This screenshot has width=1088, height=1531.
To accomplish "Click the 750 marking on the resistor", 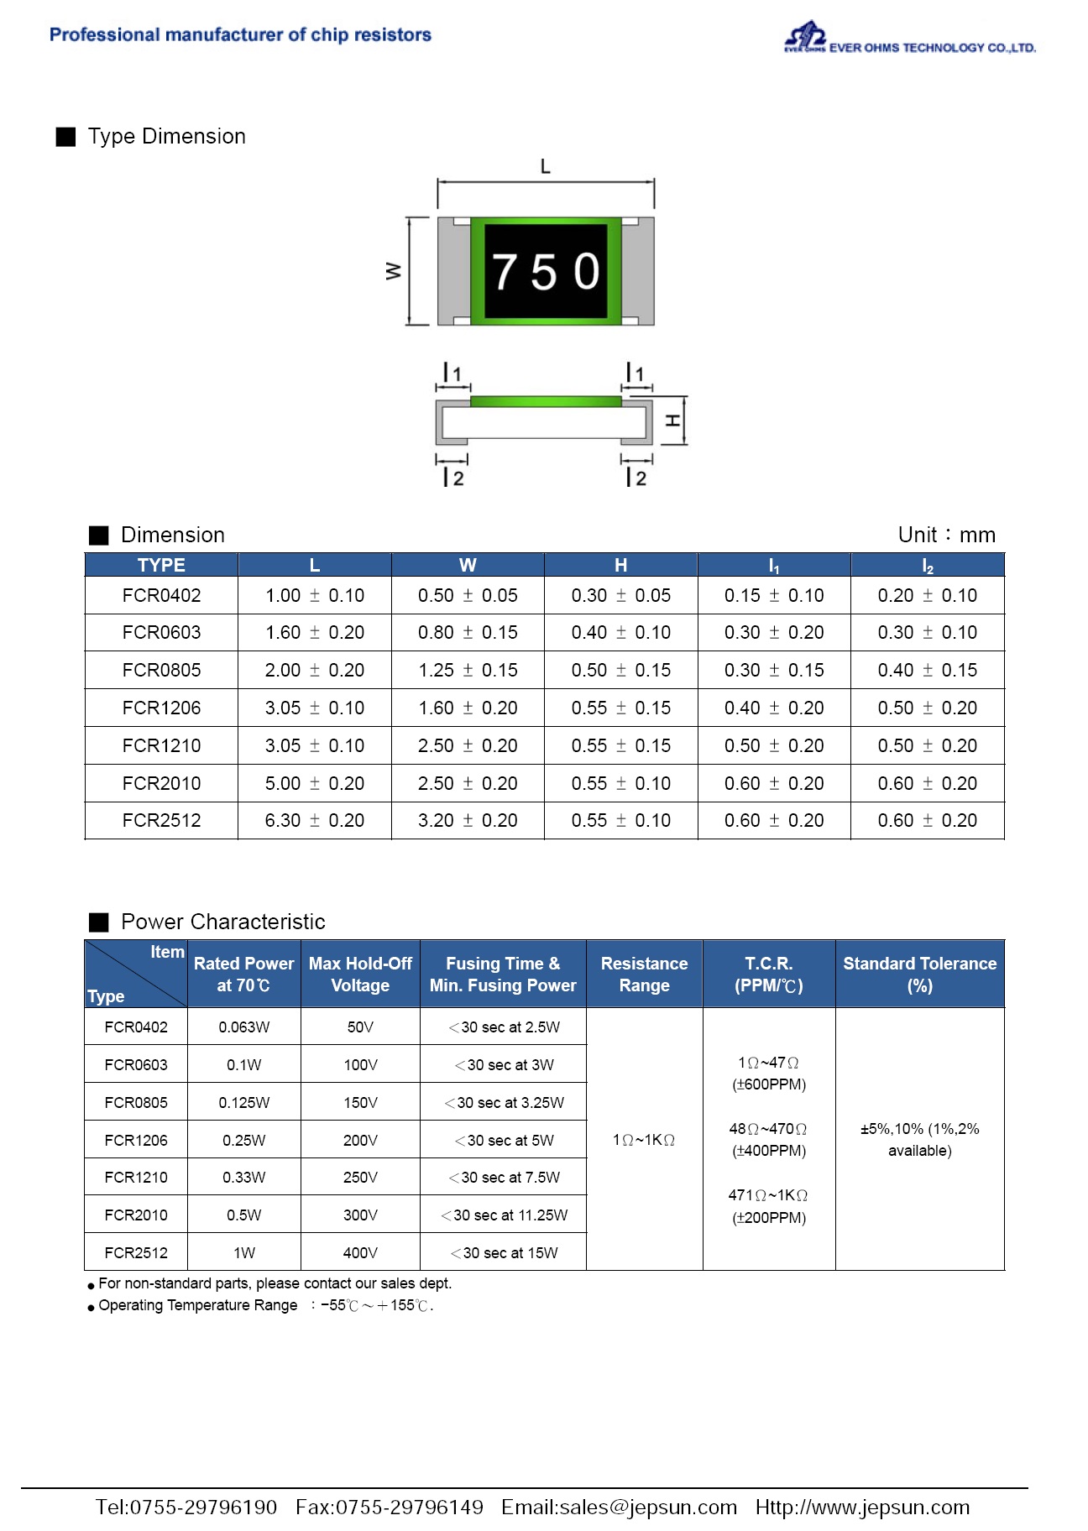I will (x=546, y=272).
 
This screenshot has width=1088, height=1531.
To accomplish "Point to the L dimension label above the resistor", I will (x=546, y=166).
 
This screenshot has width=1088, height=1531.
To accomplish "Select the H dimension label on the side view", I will (x=672, y=421).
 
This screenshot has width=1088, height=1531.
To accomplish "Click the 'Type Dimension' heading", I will (x=166, y=137).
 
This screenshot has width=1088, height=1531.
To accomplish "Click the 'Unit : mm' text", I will (x=946, y=536).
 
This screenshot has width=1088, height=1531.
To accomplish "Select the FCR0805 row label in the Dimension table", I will (x=161, y=671).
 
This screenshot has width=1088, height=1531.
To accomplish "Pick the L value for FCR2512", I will (x=314, y=821).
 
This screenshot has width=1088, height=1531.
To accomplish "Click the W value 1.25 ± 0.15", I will (x=468, y=671).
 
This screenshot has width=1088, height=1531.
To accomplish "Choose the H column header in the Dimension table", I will (x=620, y=566).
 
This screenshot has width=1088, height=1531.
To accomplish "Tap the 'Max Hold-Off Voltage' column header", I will (x=360, y=975).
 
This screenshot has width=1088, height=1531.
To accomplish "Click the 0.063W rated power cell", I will (x=243, y=1027).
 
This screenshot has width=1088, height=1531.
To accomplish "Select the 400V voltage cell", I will (x=360, y=1253).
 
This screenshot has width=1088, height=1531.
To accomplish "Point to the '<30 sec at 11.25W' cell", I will (x=504, y=1215).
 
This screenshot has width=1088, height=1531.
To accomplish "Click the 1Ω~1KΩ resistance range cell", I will (x=644, y=1140).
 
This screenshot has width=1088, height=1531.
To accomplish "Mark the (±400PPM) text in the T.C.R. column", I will (x=769, y=1151).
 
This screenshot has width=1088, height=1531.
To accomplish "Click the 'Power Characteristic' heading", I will (x=222, y=922).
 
